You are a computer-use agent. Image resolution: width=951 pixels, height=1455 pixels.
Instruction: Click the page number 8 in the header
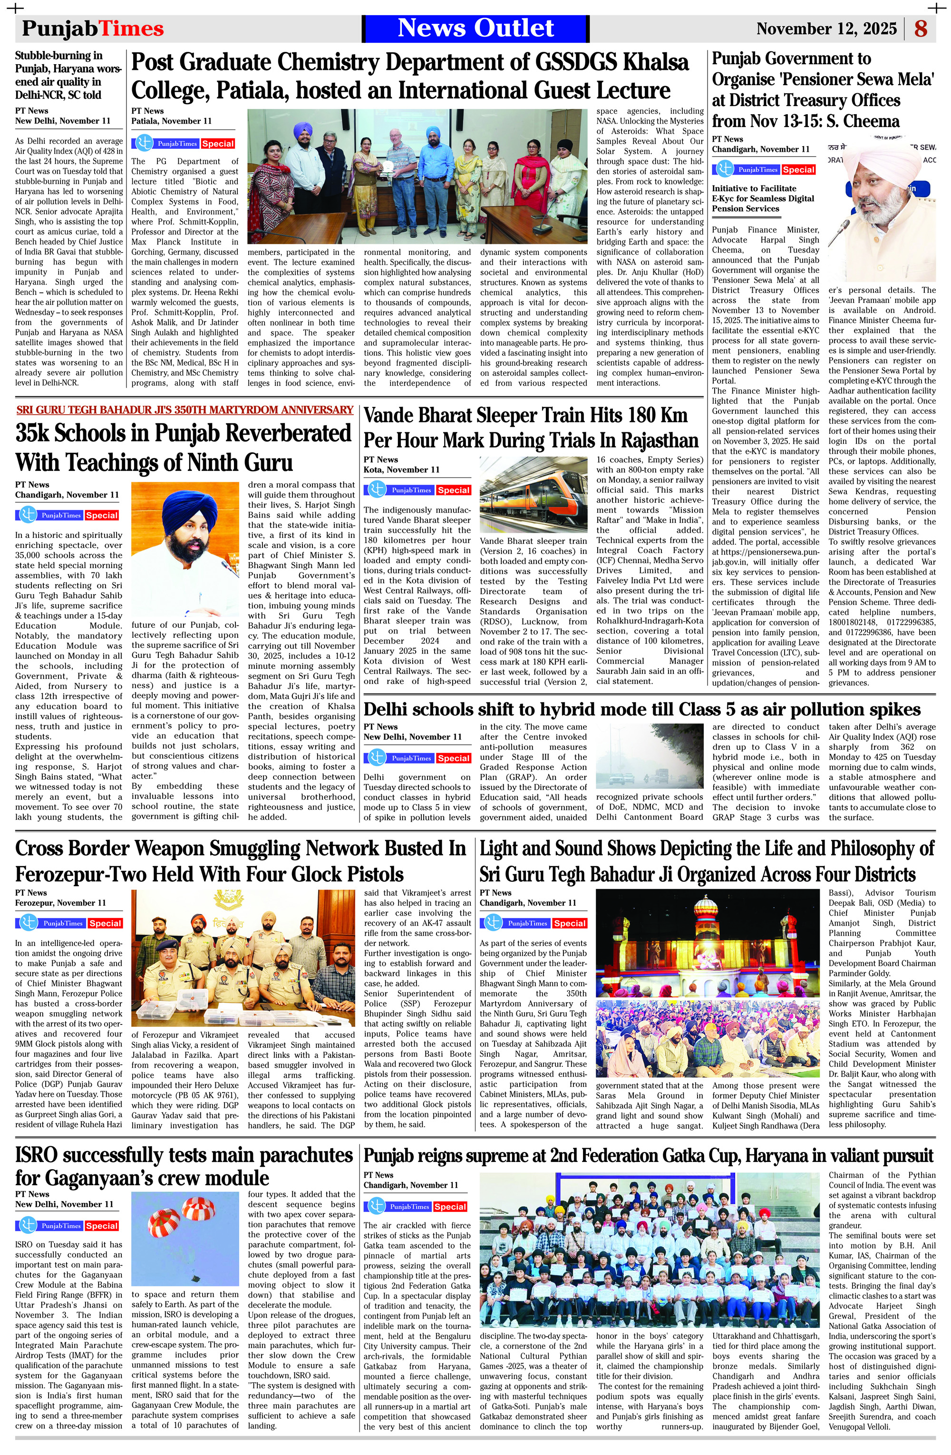[x=921, y=29]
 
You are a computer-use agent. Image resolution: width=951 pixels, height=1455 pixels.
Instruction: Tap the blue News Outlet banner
[x=475, y=28]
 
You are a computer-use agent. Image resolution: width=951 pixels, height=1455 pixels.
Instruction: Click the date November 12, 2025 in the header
[x=826, y=29]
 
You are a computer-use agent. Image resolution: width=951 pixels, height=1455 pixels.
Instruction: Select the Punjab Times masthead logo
[x=93, y=29]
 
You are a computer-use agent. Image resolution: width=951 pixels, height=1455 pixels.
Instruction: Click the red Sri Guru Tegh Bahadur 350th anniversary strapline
[x=184, y=410]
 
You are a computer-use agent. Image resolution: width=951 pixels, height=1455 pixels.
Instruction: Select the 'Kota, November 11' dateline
[x=401, y=469]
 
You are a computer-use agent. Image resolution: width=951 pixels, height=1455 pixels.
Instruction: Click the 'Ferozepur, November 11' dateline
[x=60, y=902]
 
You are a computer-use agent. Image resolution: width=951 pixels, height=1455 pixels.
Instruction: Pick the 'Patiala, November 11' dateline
[x=172, y=121]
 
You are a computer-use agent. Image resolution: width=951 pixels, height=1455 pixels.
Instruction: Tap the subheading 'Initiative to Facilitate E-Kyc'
[x=763, y=198]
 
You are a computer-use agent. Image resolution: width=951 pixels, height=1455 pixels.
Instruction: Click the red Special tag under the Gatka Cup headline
[x=450, y=1207]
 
